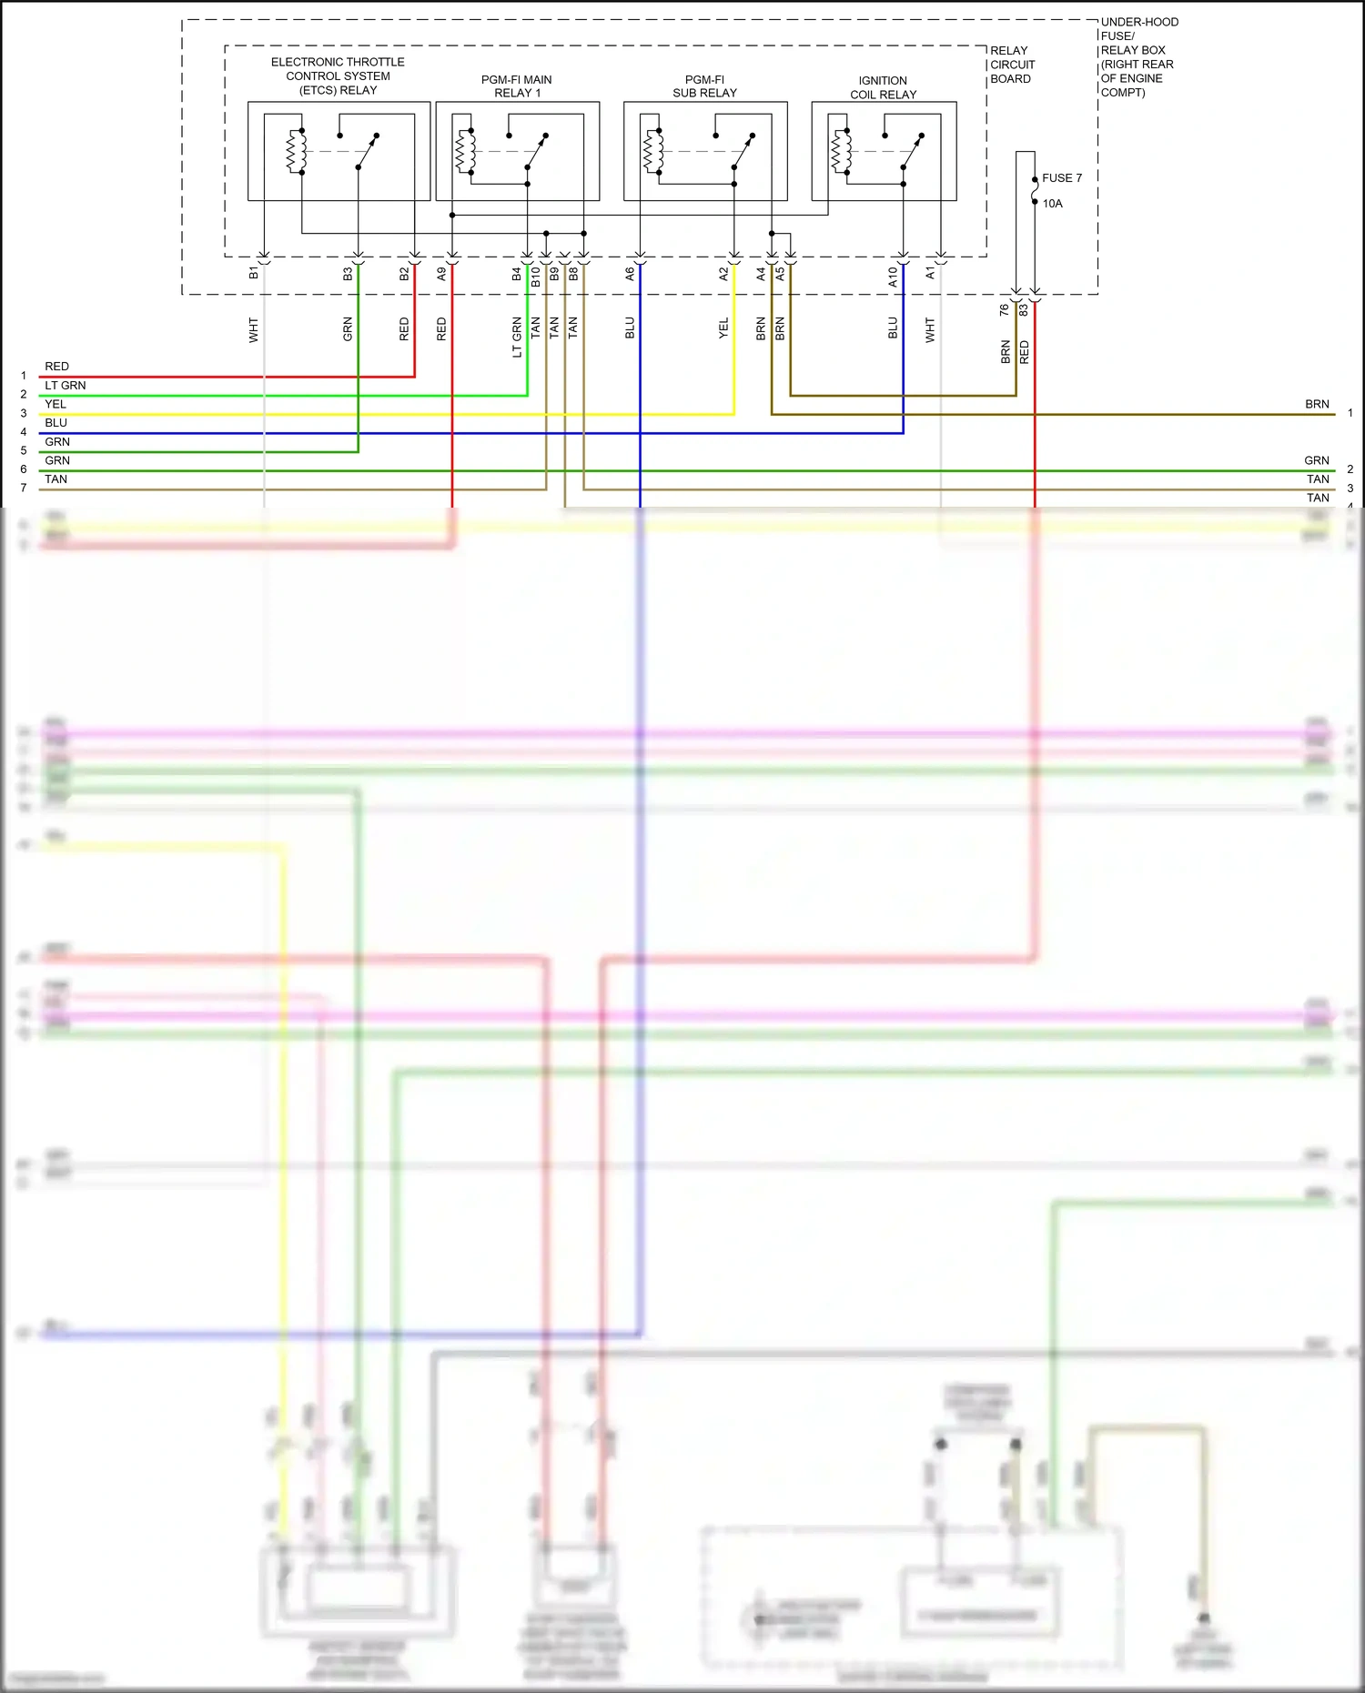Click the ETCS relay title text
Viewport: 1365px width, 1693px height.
[338, 76]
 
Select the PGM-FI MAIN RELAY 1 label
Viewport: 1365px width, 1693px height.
[517, 86]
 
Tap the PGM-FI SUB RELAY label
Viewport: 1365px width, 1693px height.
[704, 86]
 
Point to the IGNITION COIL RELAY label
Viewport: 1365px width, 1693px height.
[883, 87]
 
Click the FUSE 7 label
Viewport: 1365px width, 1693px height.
[1061, 178]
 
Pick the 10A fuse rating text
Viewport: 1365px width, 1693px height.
[1052, 204]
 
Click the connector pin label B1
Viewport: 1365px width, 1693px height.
[254, 273]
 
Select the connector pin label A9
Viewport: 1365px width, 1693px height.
[442, 273]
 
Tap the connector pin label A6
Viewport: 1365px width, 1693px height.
[630, 273]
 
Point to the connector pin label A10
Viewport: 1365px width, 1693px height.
[893, 277]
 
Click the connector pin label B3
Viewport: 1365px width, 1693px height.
[348, 273]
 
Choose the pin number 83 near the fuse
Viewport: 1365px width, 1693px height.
[1024, 310]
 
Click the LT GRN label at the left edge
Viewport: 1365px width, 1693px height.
[66, 386]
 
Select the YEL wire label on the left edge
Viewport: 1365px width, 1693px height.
[56, 405]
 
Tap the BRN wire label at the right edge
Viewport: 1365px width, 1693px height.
[1317, 405]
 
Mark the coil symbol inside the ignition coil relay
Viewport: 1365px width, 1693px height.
[841, 151]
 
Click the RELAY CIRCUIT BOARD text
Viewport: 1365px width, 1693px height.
[1012, 65]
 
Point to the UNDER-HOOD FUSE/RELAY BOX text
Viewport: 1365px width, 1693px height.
[1138, 56]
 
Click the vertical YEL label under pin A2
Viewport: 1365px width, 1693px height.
[723, 328]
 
